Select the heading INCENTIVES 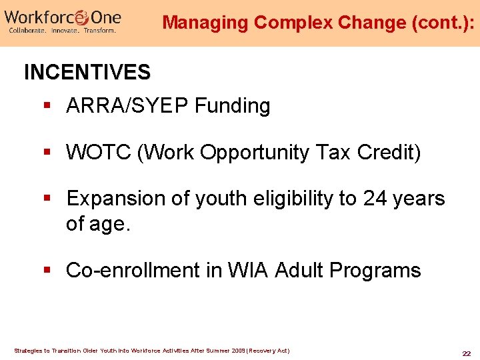pos(87,72)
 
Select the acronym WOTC pos(99,153)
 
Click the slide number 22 pos(466,353)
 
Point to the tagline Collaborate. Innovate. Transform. pos(61,31)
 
